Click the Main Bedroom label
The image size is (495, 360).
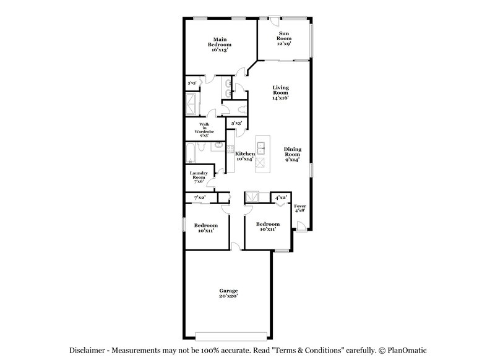(220, 43)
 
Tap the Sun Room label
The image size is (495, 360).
(283, 38)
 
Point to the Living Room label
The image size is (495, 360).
(280, 93)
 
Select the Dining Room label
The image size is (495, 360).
(292, 155)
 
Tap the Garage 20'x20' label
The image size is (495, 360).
(228, 293)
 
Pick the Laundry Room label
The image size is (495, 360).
(199, 177)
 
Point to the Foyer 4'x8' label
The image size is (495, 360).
(299, 208)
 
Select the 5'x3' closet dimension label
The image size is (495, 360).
(236, 124)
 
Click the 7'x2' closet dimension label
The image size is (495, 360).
(199, 197)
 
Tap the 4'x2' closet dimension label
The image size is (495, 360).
(281, 197)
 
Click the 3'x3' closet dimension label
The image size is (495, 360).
(192, 83)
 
